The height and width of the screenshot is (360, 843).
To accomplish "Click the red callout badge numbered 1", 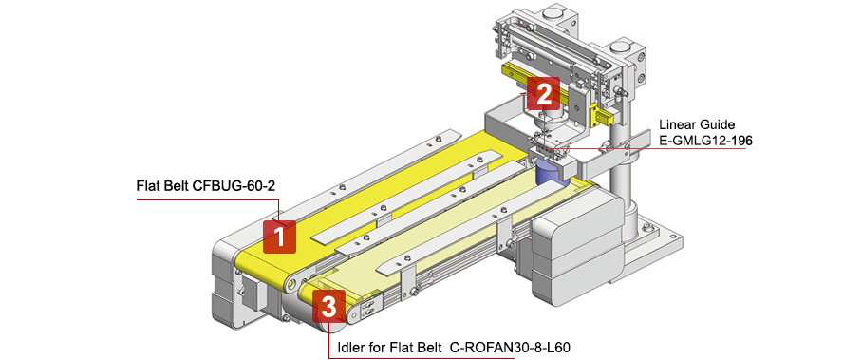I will point(279,235).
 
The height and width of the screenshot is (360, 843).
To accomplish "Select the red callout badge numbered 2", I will point(543,93).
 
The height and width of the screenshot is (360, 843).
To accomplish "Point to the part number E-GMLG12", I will point(698,141).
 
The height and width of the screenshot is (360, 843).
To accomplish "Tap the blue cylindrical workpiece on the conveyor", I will point(550,173).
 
